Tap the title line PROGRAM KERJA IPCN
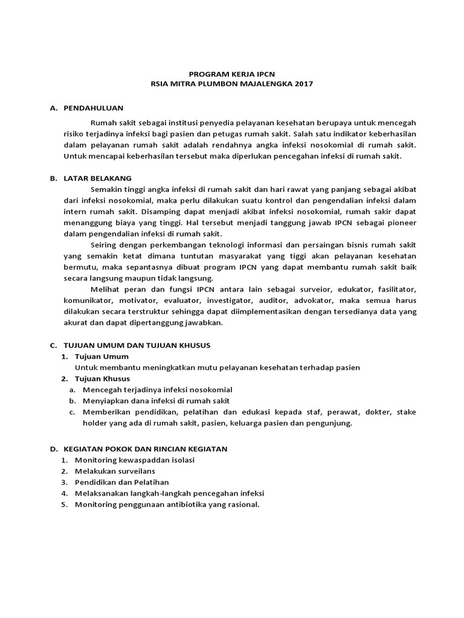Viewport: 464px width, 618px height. click(x=232, y=74)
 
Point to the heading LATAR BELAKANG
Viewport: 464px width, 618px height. click(x=101, y=178)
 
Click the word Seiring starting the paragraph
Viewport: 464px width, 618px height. click(x=105, y=245)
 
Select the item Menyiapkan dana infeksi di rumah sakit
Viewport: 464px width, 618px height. click(x=156, y=400)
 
